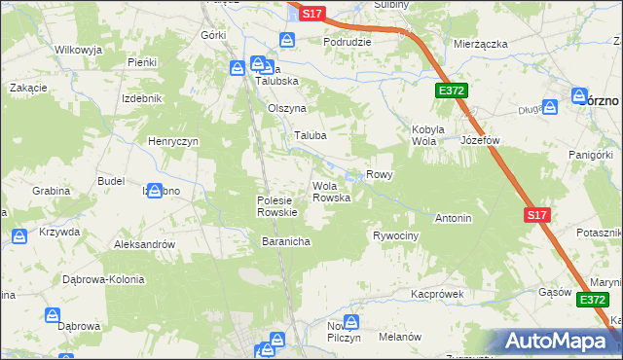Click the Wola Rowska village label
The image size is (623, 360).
331,192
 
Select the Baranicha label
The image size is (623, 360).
285,241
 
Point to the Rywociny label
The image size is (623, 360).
396,236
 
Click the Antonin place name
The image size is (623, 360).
454,218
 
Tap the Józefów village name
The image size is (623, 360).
480,140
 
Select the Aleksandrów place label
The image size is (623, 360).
144,245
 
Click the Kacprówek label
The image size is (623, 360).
436,293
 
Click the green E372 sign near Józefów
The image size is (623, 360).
452,90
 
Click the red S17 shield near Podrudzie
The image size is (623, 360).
311,14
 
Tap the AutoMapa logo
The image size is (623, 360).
559,341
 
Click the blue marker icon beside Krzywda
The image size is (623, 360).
19,236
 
